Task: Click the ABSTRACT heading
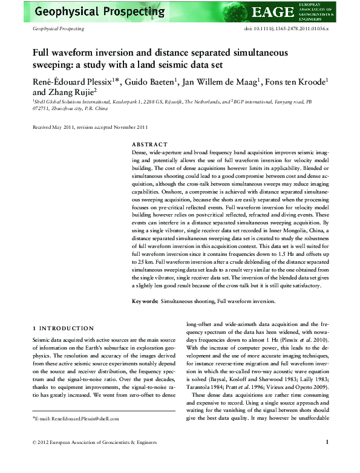click(x=149, y=145)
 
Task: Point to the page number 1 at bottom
click(x=327, y=459)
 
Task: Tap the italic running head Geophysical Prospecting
click(x=58, y=28)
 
